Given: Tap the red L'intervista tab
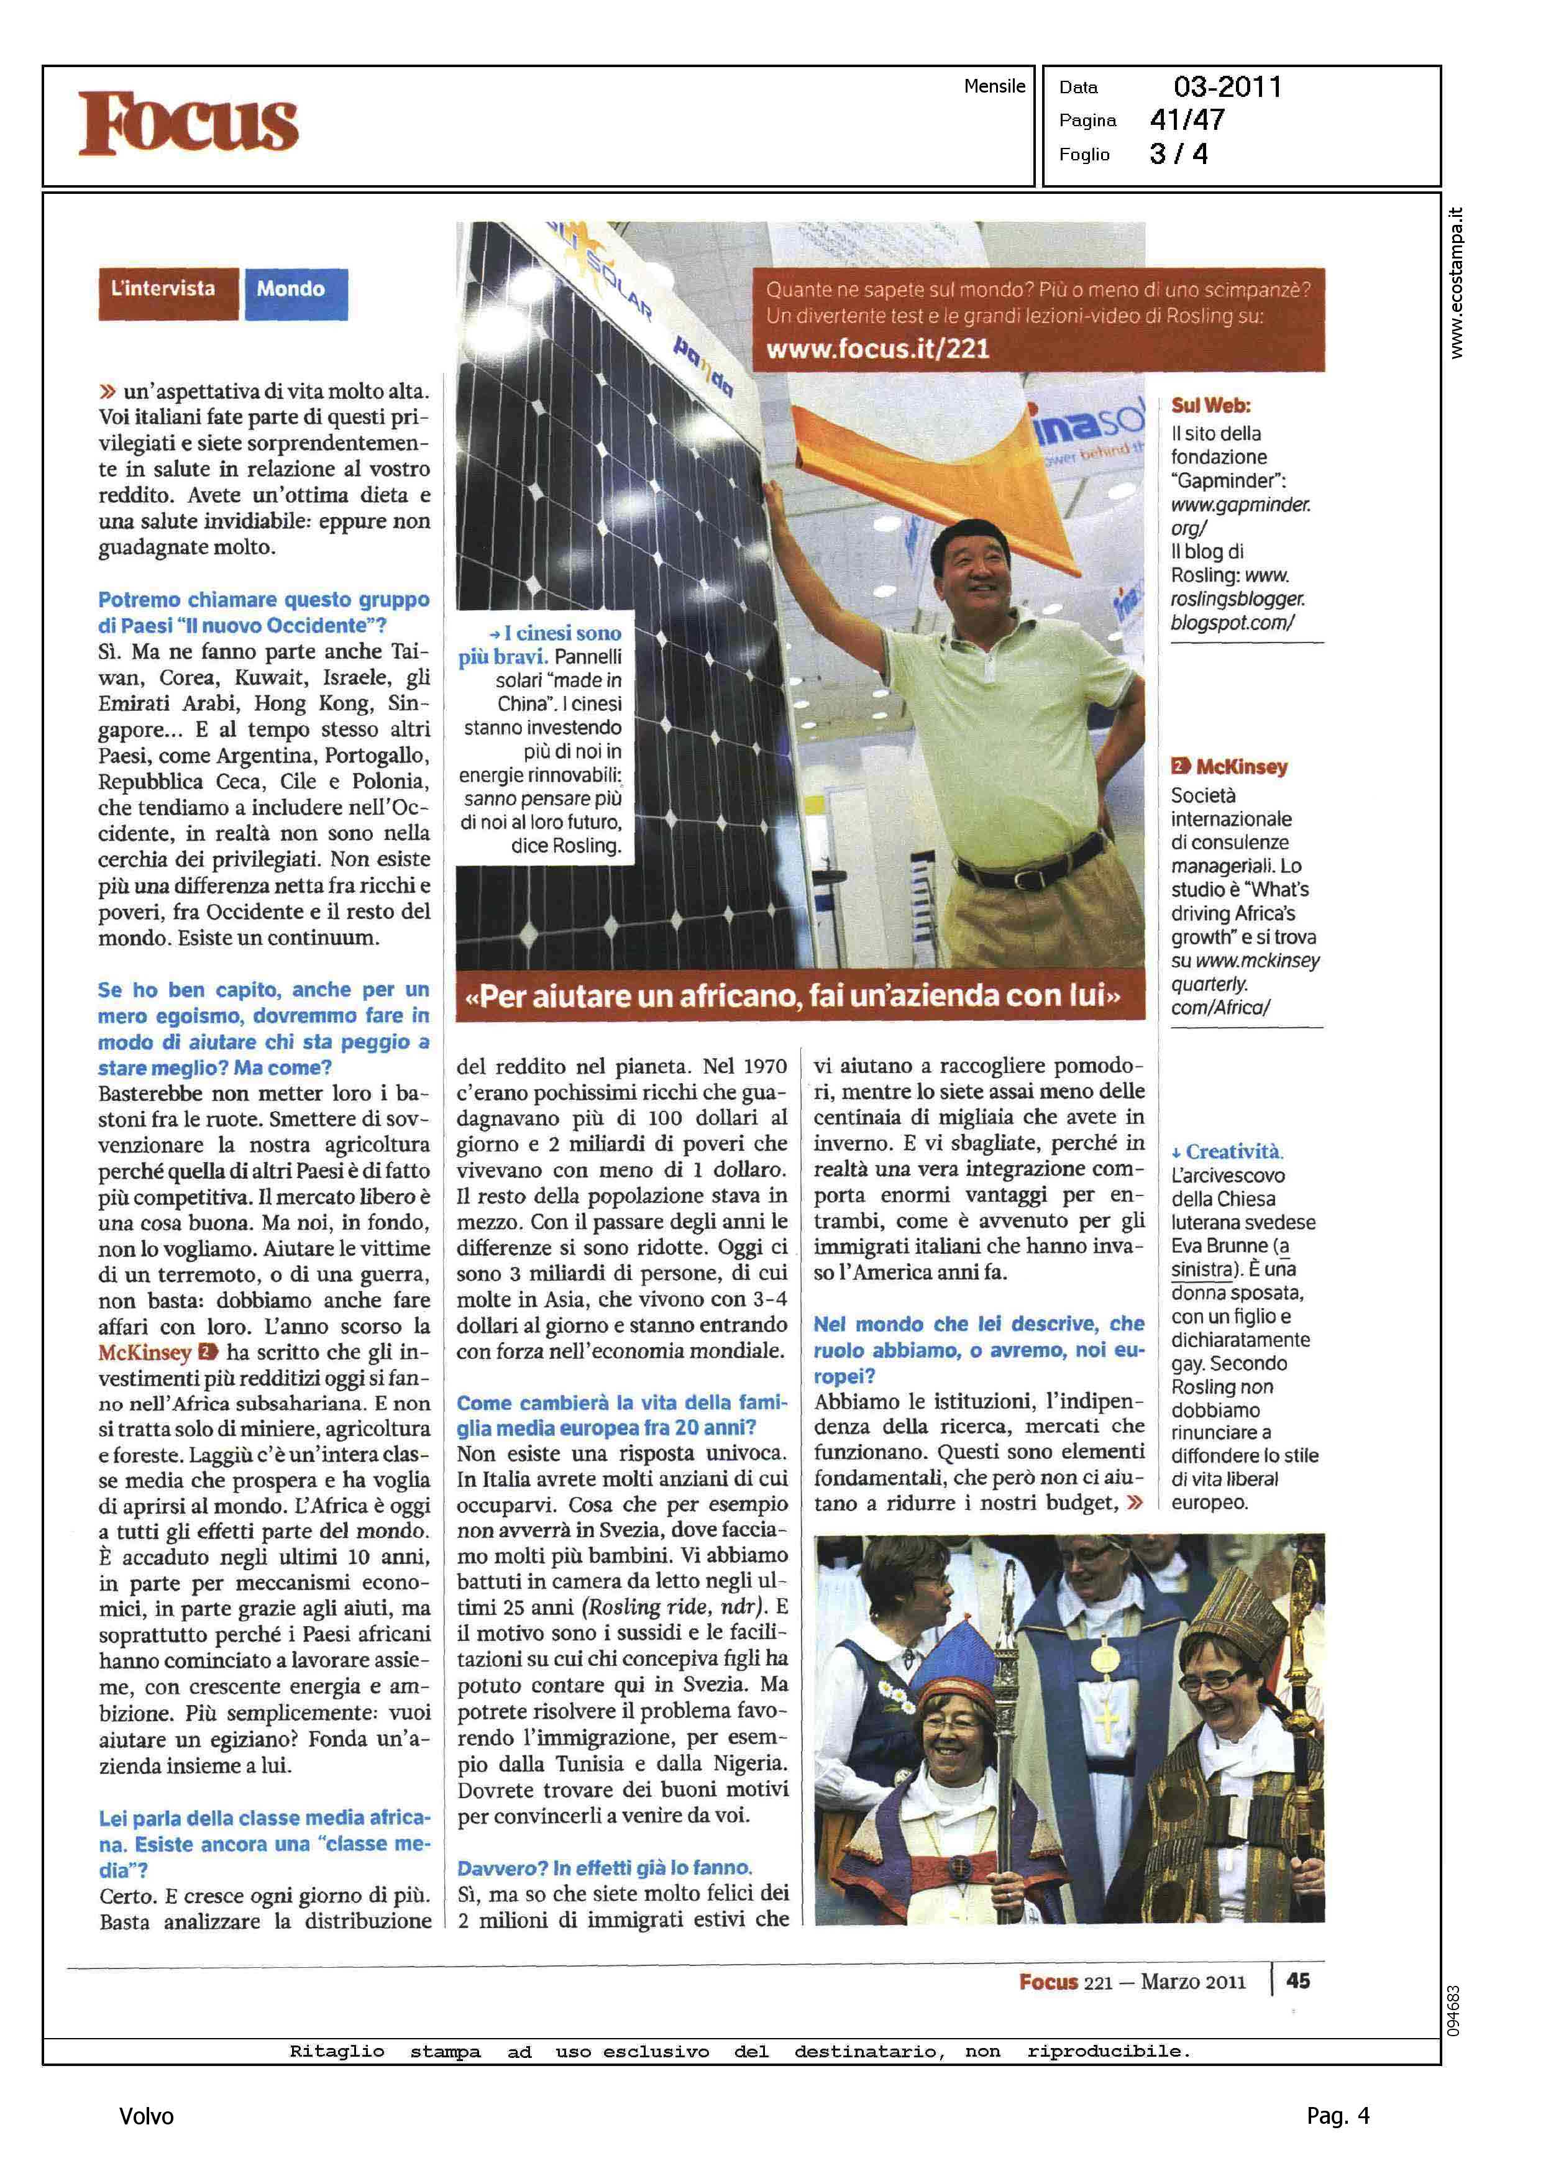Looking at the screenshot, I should (x=164, y=290).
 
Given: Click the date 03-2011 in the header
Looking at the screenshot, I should (x=1227, y=88).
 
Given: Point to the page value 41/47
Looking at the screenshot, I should (x=1187, y=121).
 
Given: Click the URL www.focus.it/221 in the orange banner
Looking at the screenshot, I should (x=877, y=349).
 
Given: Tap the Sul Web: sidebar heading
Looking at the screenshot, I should (x=1210, y=406).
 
